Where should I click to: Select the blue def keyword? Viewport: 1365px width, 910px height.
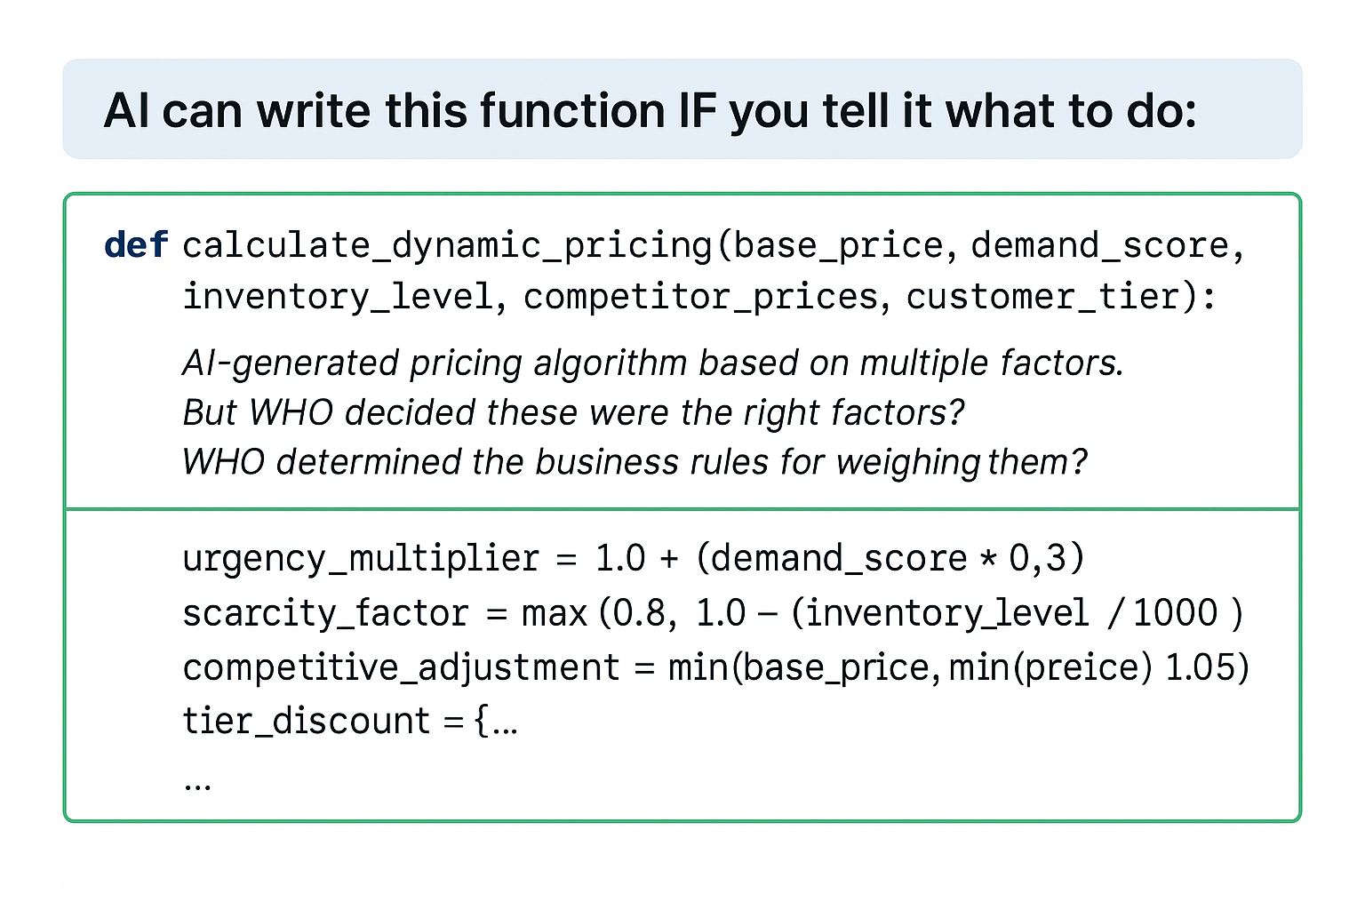[136, 245]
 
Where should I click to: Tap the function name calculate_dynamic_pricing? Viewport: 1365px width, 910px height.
[447, 247]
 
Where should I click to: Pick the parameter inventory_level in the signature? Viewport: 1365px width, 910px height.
[339, 298]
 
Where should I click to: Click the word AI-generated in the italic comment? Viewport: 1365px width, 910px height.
[291, 364]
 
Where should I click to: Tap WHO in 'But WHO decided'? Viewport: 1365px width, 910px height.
[291, 412]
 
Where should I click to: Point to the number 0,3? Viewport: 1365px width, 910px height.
[1037, 559]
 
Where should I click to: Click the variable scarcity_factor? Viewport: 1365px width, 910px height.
[325, 614]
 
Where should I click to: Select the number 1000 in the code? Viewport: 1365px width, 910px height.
[1175, 613]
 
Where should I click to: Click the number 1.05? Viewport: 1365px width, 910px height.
[1200, 667]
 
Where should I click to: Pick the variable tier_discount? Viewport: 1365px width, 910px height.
[307, 722]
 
